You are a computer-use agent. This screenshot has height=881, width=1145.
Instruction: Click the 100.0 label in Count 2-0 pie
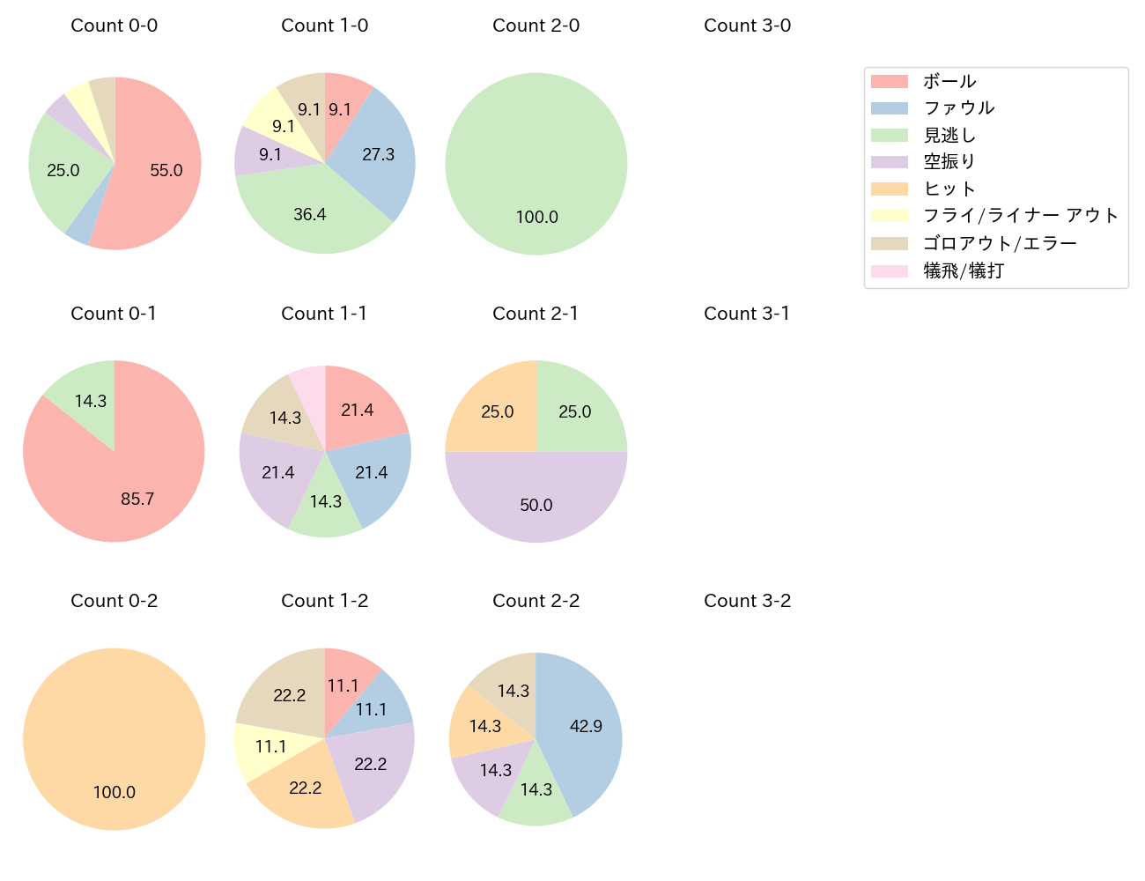(x=536, y=217)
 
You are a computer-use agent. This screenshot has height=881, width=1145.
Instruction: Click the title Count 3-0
(x=747, y=26)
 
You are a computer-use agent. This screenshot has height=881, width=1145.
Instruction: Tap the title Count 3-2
(x=747, y=601)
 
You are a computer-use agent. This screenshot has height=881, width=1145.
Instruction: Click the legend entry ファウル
(x=958, y=107)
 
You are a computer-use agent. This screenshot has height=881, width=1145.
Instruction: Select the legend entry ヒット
(x=949, y=189)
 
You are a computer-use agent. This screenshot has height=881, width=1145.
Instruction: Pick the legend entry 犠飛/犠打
(x=963, y=270)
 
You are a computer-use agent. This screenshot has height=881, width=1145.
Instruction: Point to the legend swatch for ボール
(x=889, y=81)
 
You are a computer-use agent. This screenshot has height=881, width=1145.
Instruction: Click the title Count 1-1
(x=324, y=314)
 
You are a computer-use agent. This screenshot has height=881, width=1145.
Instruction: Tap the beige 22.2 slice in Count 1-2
(x=286, y=696)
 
